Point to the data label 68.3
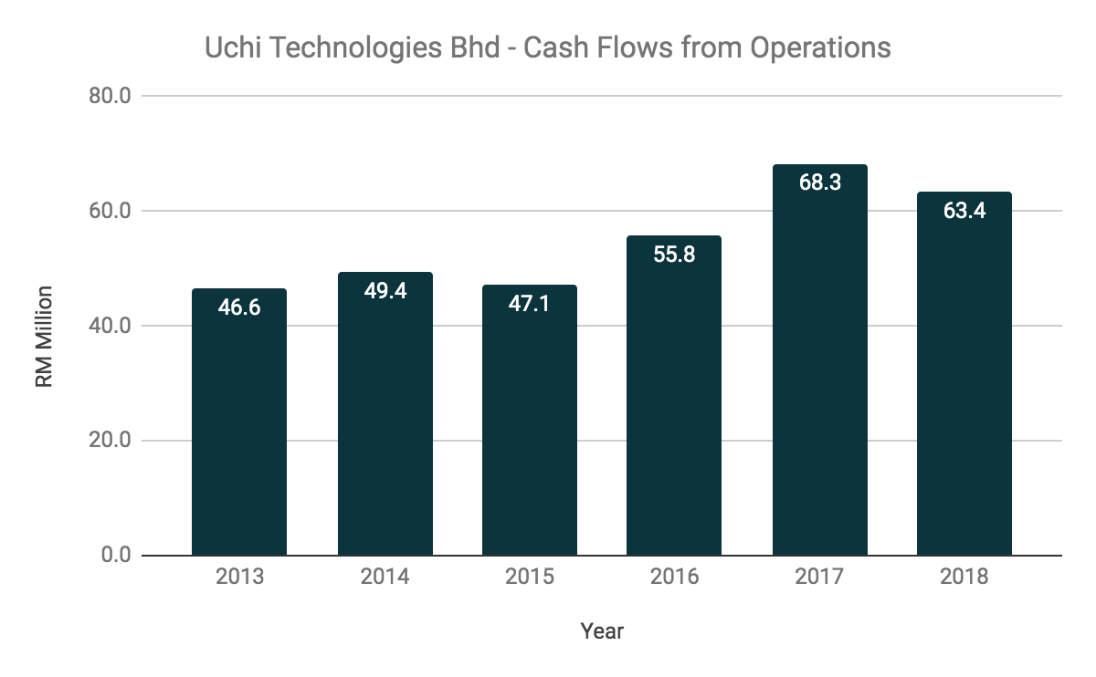(x=819, y=182)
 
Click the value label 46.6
(x=239, y=307)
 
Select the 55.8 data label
(x=674, y=254)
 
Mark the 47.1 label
(x=529, y=303)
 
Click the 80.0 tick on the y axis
(x=111, y=96)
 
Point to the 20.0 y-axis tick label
(x=111, y=441)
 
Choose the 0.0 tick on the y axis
(x=116, y=556)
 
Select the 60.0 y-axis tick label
(x=111, y=211)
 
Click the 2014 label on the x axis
(x=385, y=578)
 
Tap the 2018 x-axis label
(x=964, y=578)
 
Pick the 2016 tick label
(x=674, y=578)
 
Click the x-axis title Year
(x=602, y=630)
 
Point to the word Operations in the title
(x=820, y=47)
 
